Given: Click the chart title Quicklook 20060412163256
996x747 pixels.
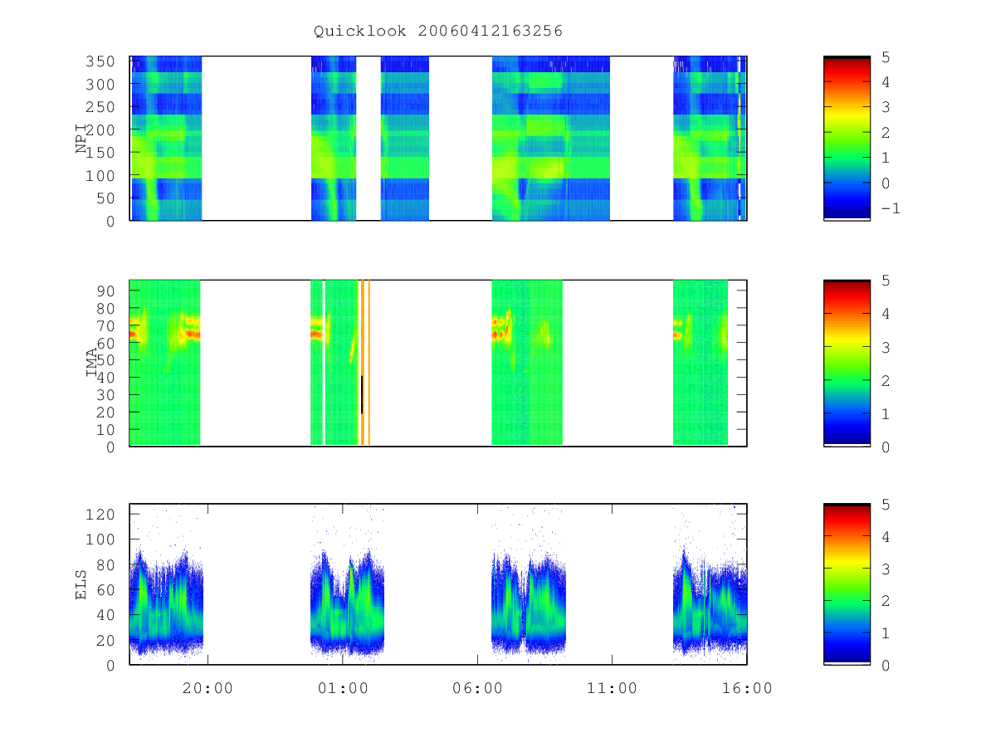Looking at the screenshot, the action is point(438,31).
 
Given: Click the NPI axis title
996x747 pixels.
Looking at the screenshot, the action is point(81,139).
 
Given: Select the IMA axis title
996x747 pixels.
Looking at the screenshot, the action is point(91,363).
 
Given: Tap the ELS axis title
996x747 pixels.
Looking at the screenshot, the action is point(81,584).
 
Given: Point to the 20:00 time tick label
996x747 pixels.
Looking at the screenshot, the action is point(207,688).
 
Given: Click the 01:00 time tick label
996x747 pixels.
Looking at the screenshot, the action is point(343,688).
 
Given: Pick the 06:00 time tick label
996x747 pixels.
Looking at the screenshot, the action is point(477,688).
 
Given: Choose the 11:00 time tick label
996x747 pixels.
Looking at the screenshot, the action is point(612,688).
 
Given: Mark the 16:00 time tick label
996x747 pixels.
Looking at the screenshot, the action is point(747,688).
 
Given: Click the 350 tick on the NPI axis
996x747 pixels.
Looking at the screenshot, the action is point(100,61).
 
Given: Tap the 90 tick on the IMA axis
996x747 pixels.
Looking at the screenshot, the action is point(105,291).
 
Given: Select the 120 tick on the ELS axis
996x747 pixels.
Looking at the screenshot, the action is point(100,515).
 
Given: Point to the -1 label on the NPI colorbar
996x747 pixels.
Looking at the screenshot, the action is point(891,208).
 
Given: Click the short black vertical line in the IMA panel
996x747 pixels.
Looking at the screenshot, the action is point(362,394).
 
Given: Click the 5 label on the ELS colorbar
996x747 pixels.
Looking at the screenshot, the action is point(886,505).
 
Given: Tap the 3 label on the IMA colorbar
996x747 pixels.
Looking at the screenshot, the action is point(886,348).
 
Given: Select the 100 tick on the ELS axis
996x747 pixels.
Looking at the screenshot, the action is point(100,539).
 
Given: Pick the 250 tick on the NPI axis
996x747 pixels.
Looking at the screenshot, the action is point(100,107).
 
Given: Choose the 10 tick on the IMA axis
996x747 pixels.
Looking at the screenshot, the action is point(105,429).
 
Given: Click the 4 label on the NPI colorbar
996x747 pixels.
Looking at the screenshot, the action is point(886,82).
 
